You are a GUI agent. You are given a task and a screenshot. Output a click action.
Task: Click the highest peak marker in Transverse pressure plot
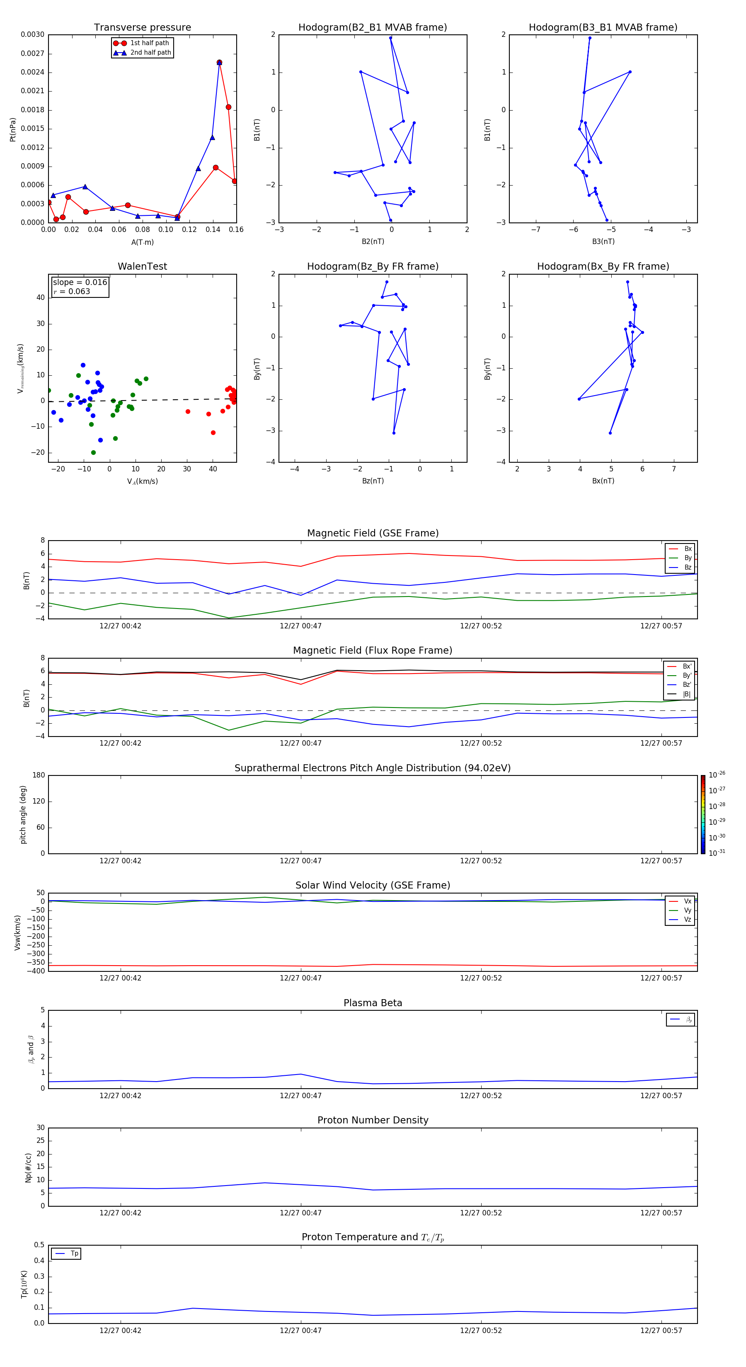(219, 63)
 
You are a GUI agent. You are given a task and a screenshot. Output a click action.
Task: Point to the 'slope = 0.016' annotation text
(80, 283)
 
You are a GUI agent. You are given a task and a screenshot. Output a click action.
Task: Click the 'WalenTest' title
(142, 266)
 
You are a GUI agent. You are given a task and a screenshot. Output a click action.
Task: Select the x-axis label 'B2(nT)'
(373, 242)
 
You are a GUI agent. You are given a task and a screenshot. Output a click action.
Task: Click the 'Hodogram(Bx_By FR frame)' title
(603, 266)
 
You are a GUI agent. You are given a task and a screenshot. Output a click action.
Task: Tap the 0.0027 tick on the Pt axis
(32, 53)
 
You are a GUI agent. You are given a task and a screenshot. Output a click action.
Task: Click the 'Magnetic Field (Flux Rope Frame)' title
(372, 651)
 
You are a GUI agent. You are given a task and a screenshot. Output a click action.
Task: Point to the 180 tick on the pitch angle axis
(39, 775)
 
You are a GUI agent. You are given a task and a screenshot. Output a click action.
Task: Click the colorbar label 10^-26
(717, 775)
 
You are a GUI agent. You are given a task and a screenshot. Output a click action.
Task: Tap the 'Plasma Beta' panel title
(373, 1003)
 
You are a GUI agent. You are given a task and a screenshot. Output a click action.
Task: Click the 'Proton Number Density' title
(373, 1120)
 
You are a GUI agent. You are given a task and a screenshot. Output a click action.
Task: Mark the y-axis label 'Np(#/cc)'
(29, 1167)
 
